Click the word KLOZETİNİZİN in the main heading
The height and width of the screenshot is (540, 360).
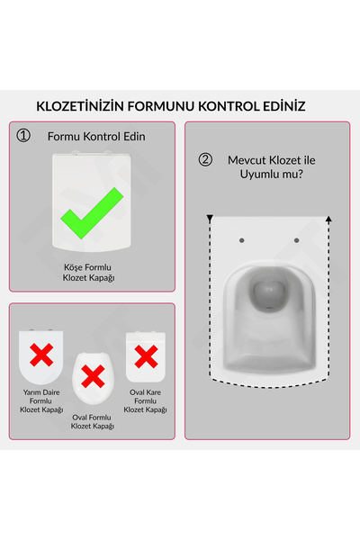74,106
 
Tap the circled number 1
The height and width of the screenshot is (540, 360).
24,137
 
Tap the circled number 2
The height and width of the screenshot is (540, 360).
205,160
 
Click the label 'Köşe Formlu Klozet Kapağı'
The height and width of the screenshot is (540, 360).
88,274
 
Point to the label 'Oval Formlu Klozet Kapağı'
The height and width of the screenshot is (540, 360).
92,421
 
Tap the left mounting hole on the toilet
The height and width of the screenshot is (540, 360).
246,239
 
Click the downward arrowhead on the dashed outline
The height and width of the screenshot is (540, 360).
210,219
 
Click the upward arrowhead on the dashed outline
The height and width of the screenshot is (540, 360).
328,219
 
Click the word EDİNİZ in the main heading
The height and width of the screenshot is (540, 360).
274,106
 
